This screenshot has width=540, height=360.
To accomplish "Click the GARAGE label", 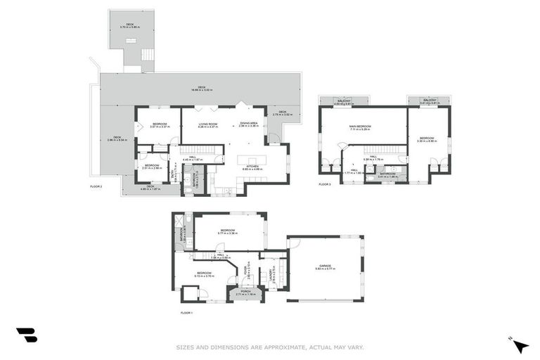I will [324, 265].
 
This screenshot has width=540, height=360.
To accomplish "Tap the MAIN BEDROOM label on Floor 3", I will [360, 126].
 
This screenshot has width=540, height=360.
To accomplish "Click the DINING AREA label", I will [248, 123].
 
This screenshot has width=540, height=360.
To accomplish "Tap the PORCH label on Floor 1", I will [245, 290].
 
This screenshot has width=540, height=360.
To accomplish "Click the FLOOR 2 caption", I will [96, 186].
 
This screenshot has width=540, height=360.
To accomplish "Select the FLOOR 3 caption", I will [324, 184].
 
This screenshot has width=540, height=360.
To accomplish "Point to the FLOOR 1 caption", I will [186, 311].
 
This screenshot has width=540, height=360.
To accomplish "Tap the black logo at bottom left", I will [26, 335].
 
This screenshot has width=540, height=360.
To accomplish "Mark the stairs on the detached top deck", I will [147, 54].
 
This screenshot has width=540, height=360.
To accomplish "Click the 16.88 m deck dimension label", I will [200, 90].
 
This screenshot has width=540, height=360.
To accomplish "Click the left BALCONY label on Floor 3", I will [344, 101].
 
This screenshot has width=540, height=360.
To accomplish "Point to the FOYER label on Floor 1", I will [245, 269].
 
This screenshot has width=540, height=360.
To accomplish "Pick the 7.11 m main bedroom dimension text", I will [360, 129].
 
